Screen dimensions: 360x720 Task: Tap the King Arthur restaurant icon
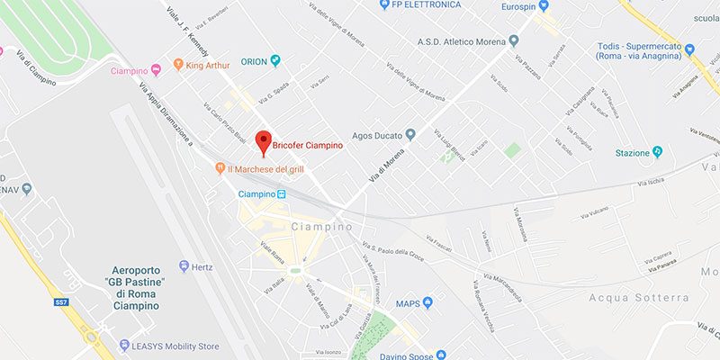(x=177, y=65)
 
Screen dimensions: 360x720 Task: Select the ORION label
(x=255, y=62)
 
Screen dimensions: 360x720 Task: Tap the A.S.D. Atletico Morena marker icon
(x=514, y=40)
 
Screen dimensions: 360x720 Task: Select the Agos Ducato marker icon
(x=410, y=135)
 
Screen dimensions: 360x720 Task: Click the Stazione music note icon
(x=658, y=152)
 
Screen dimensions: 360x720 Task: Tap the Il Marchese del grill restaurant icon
(x=220, y=168)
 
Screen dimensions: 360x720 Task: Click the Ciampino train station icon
(x=282, y=193)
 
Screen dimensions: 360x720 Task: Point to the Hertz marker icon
(x=184, y=266)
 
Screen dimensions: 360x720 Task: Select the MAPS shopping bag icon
(x=427, y=302)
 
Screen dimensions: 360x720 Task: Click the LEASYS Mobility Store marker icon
(x=123, y=345)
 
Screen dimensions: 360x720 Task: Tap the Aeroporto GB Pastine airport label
(x=135, y=288)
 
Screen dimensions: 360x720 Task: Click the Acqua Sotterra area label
(x=639, y=298)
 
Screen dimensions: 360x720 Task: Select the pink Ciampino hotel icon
(x=155, y=69)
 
